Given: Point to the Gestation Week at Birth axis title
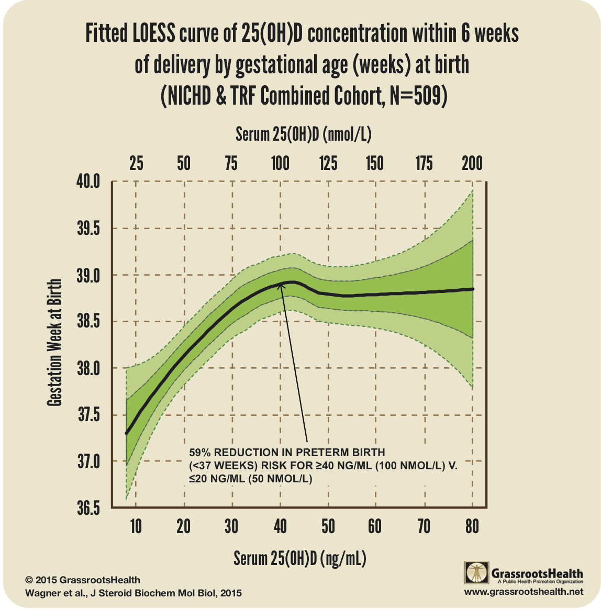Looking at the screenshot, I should [54, 343].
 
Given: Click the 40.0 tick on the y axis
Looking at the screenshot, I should [88, 182].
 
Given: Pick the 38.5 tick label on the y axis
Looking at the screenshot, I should [88, 322].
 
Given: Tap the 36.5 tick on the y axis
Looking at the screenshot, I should [88, 508].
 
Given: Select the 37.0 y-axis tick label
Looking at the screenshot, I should [88, 461].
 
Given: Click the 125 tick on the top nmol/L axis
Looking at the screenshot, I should [328, 163].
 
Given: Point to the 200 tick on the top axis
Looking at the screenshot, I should [472, 163].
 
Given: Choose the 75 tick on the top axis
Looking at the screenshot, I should [231, 163].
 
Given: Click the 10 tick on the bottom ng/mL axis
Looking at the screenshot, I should [136, 526].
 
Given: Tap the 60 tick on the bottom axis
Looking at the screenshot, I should [375, 526].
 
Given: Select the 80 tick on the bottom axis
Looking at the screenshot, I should [472, 526].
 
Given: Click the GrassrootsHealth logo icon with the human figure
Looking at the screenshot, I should [476, 573].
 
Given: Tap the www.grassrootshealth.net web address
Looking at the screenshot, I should [523, 592].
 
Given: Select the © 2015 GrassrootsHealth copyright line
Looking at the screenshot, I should [83, 580].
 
